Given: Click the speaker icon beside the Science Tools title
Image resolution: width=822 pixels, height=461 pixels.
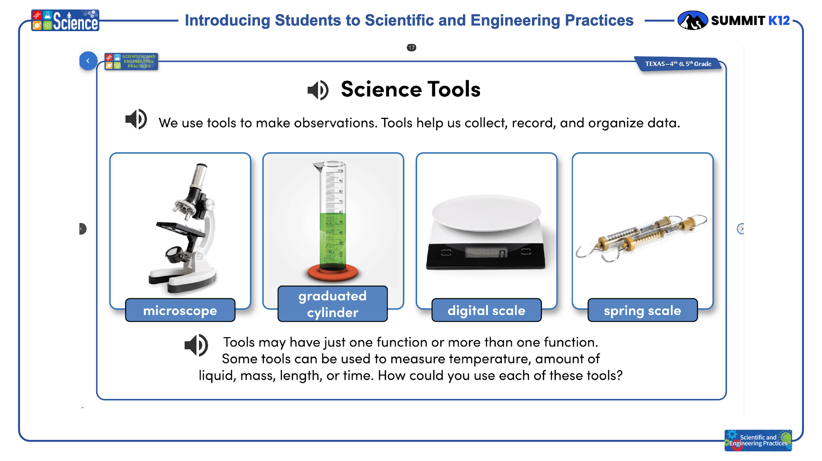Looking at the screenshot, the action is [x=318, y=90].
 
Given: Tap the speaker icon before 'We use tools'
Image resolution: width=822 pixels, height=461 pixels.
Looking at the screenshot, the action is [x=136, y=119].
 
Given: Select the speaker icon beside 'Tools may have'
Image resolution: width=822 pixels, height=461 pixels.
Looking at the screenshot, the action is [x=196, y=345].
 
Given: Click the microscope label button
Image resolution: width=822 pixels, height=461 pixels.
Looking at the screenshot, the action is [x=180, y=310].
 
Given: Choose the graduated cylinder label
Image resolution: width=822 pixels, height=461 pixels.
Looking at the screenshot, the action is [x=333, y=304].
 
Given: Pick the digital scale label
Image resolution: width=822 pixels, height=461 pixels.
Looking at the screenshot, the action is [x=486, y=310].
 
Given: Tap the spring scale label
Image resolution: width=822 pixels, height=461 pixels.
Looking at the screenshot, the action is [x=642, y=310].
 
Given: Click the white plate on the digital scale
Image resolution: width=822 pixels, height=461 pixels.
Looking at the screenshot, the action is [x=486, y=213].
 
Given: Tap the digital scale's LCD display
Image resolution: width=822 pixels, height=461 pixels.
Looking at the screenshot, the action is [x=486, y=253].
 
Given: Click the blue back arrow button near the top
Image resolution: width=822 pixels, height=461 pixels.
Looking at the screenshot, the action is [x=88, y=61].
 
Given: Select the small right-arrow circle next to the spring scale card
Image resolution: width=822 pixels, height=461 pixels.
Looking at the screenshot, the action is [x=741, y=229].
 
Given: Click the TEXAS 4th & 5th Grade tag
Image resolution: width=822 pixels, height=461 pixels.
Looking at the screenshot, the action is [x=678, y=64].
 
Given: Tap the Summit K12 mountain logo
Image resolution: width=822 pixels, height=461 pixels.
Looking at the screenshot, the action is [x=692, y=20].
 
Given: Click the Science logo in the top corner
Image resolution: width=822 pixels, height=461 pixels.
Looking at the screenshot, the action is [x=65, y=20].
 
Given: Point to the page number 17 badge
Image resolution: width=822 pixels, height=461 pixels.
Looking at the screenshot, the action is [x=411, y=47].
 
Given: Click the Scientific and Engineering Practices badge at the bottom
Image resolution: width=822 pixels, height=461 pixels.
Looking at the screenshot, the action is [x=758, y=440].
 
